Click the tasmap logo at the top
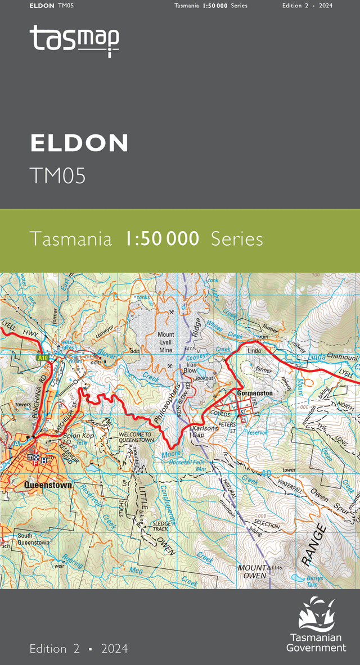pyautogui.click(x=74, y=40)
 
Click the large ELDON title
pyautogui.click(x=79, y=143)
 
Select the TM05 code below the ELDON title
pyautogui.click(x=58, y=175)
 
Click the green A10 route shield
pyautogui.click(x=42, y=358)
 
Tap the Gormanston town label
pyautogui.click(x=254, y=393)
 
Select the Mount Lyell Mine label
pyautogui.click(x=166, y=342)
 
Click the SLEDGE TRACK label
pyautogui.click(x=161, y=526)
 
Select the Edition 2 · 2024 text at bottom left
pyautogui.click(x=79, y=648)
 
